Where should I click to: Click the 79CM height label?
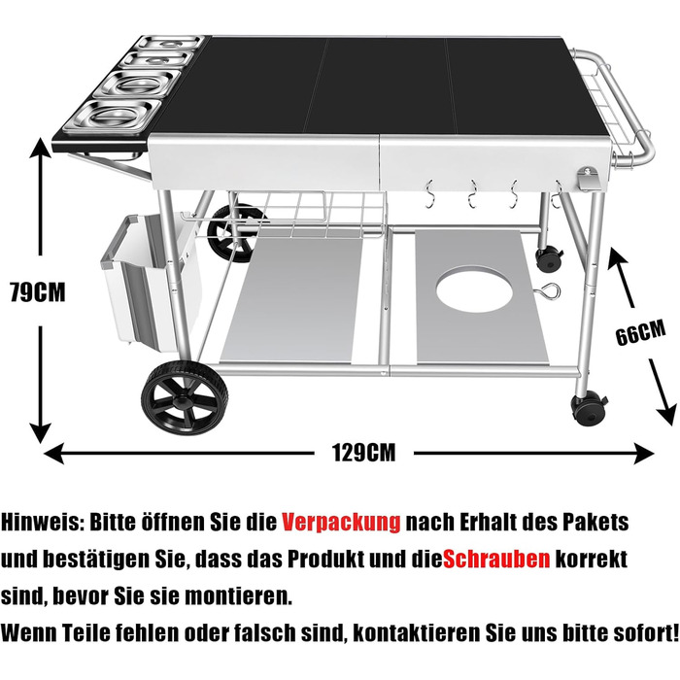(x=38, y=292)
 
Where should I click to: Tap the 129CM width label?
(x=364, y=453)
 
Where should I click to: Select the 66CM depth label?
(x=640, y=332)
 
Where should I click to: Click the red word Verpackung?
(x=341, y=523)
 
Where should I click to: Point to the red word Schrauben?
(x=496, y=560)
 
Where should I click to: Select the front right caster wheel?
(x=589, y=409)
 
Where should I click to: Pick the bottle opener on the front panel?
(x=589, y=179)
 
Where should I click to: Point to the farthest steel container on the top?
(x=169, y=43)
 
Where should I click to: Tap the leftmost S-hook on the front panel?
(x=429, y=194)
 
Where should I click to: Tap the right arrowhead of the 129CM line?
(x=643, y=454)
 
